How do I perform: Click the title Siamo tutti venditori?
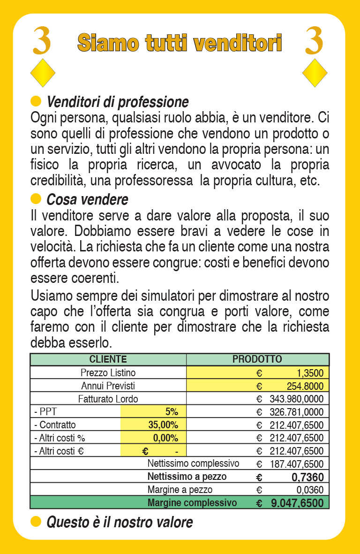[180, 43]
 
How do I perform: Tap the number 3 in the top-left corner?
[42, 41]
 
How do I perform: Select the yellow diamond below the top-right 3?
[315, 73]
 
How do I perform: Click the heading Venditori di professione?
[117, 102]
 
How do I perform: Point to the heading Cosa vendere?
[87, 199]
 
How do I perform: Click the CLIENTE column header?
[108, 359]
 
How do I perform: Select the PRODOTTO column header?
[257, 359]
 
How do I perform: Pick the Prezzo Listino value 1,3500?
[309, 373]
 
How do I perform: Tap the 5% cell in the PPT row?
[172, 412]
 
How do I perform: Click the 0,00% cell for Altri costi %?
[165, 438]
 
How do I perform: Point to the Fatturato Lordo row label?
[108, 399]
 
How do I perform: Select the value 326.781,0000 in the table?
[296, 412]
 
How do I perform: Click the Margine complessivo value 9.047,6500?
[297, 503]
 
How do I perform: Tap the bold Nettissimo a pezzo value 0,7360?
[307, 477]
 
